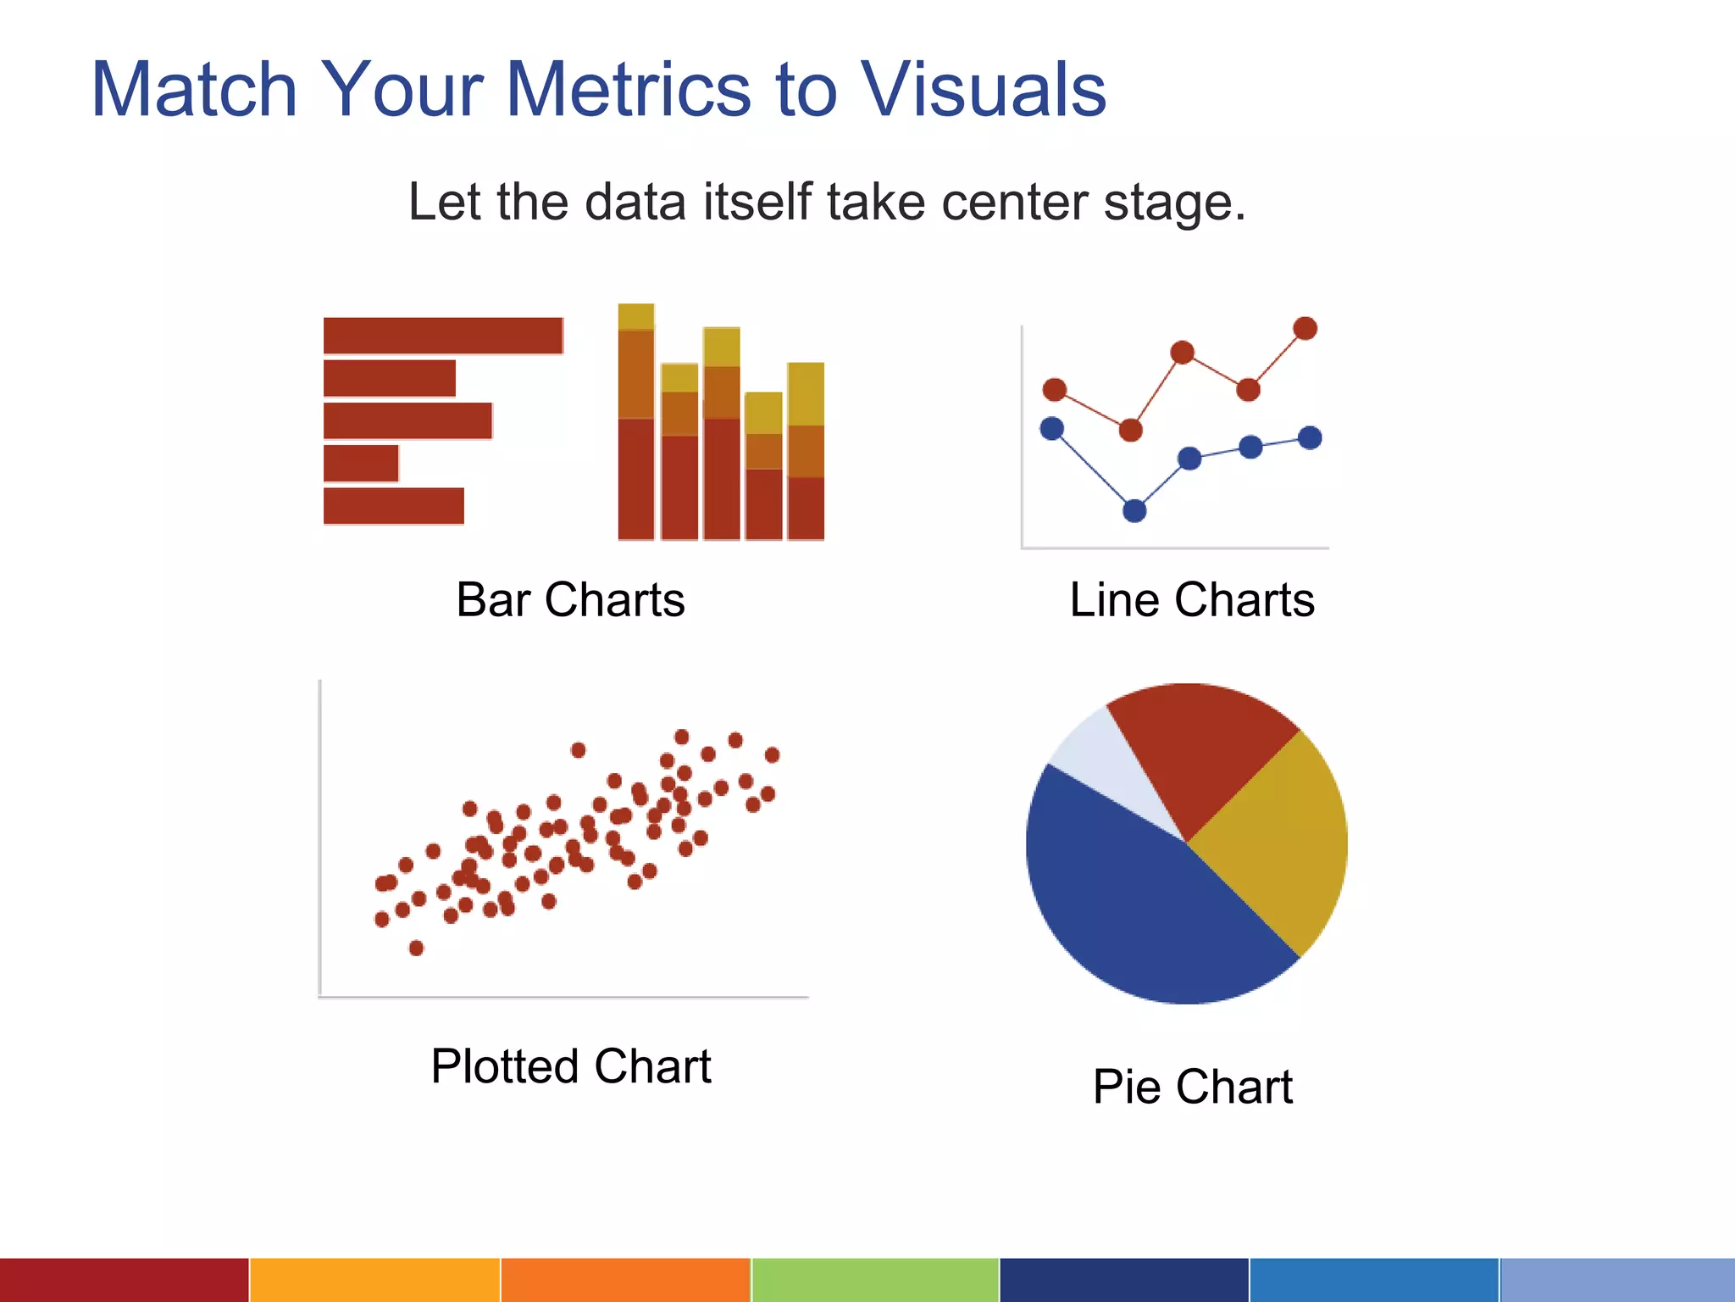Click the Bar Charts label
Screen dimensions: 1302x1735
point(570,600)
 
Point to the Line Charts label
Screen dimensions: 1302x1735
point(1192,600)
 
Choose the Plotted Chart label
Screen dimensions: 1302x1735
point(570,1066)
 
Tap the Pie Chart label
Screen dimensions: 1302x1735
point(1192,1087)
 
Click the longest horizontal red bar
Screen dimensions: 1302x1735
point(443,336)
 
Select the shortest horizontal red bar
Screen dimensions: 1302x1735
point(361,463)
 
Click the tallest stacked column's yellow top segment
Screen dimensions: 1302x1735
point(635,316)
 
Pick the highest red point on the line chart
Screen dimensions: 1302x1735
point(1305,328)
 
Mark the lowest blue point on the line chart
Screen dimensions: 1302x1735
point(1134,510)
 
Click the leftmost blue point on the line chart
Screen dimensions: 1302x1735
point(1052,429)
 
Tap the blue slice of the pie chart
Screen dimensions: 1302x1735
point(1135,915)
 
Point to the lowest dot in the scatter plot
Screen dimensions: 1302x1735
point(416,948)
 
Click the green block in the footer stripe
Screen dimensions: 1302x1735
point(875,1280)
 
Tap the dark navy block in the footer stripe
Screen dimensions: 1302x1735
point(1124,1280)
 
